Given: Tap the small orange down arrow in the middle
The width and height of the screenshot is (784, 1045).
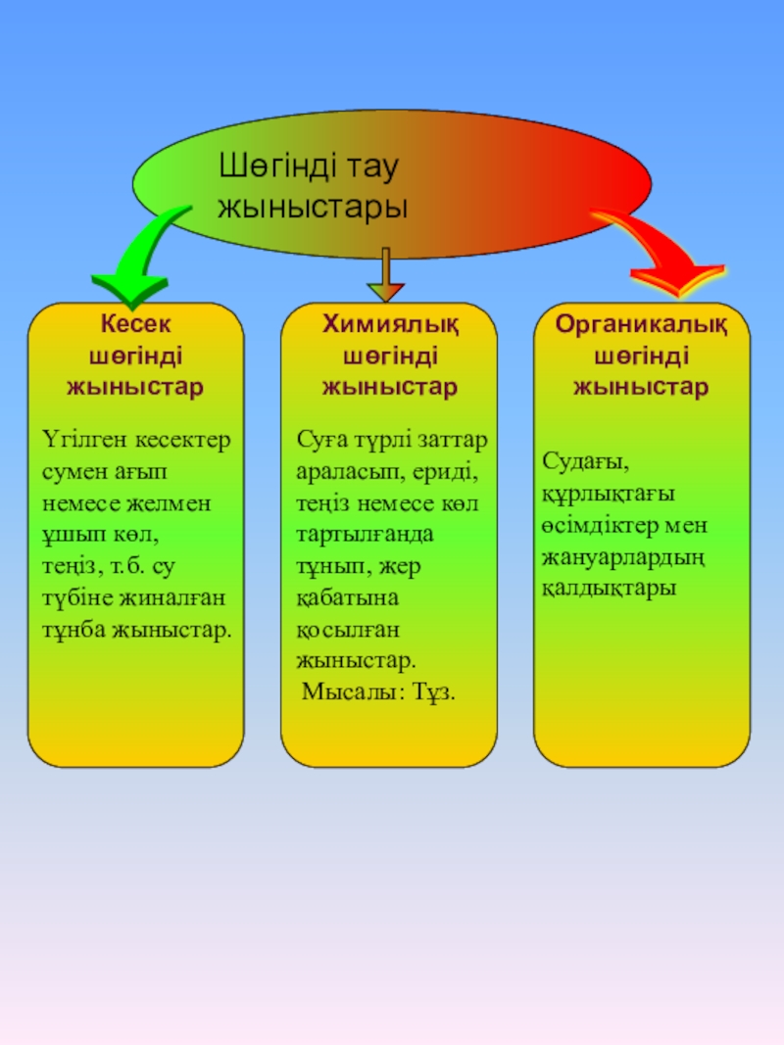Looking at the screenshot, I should click(x=386, y=288).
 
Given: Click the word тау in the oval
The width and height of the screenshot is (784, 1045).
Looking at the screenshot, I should click(x=374, y=167).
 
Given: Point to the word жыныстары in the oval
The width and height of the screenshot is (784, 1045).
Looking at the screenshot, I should click(x=312, y=207).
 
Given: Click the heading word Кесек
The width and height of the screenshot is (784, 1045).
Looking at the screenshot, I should click(x=135, y=324).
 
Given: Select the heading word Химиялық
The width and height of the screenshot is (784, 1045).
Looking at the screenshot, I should click(x=390, y=324).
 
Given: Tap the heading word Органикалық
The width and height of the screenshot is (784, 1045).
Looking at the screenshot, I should click(x=641, y=324).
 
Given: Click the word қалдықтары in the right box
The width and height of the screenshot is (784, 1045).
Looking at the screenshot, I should click(x=607, y=591).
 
